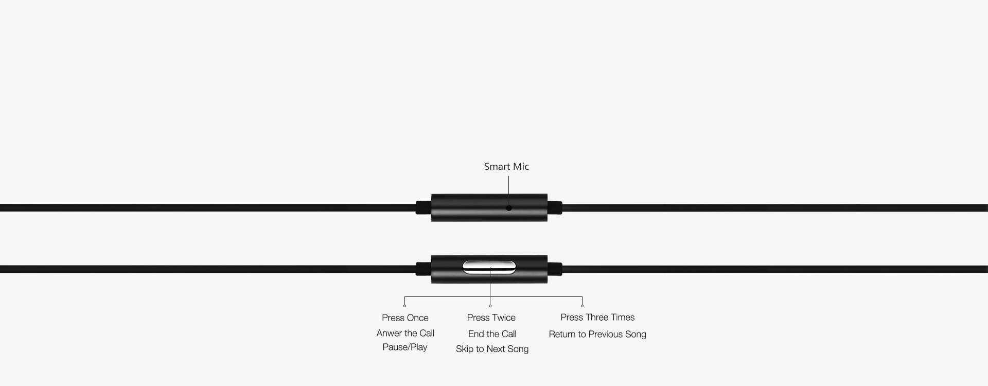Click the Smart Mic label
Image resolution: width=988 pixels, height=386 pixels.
pyautogui.click(x=506, y=167)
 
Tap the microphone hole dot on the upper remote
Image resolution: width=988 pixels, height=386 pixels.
pyautogui.click(x=509, y=208)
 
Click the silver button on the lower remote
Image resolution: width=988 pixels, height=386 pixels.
pyautogui.click(x=489, y=267)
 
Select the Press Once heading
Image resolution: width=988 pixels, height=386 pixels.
pyautogui.click(x=405, y=318)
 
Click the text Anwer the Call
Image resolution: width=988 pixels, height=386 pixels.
pyautogui.click(x=405, y=334)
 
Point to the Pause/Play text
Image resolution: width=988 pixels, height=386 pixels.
pyautogui.click(x=405, y=347)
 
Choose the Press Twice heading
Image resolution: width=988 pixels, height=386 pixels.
pyautogui.click(x=491, y=318)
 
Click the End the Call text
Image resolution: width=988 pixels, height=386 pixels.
pyautogui.click(x=492, y=334)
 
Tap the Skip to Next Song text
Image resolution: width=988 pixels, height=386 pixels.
pyautogui.click(x=492, y=349)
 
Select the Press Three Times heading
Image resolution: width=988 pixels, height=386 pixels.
pyautogui.click(x=597, y=318)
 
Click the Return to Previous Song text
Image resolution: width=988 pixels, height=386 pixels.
pyautogui.click(x=597, y=335)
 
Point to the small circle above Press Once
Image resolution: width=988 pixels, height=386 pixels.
pyautogui.click(x=404, y=306)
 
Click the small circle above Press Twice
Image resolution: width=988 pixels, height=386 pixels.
pyautogui.click(x=490, y=306)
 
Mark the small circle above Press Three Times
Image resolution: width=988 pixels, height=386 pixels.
pyautogui.click(x=582, y=306)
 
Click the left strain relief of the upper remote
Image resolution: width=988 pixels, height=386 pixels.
pyautogui.click(x=424, y=208)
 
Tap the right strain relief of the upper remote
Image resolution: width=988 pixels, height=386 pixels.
pyautogui.click(x=555, y=208)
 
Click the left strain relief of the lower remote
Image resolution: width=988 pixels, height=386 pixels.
pyautogui.click(x=424, y=269)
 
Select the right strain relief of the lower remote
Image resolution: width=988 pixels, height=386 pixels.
pyautogui.click(x=555, y=269)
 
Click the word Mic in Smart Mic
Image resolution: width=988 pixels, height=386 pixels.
pyautogui.click(x=520, y=167)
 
